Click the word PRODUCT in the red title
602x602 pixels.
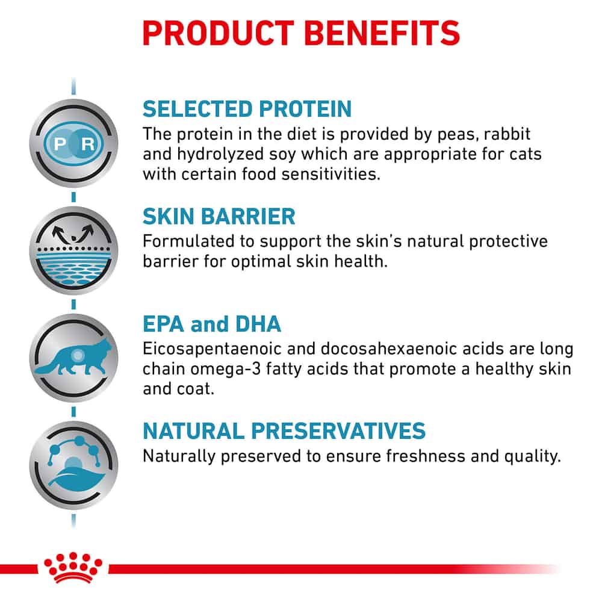click(218, 33)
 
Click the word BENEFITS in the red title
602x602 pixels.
click(382, 33)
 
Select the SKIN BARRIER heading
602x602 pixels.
click(219, 216)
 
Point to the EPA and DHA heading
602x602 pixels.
click(211, 324)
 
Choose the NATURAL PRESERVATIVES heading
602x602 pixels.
click(284, 431)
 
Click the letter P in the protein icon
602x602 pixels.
click(60, 144)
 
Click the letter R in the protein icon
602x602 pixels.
click(88, 144)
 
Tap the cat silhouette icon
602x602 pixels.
click(73, 357)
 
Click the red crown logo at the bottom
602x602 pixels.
click(73, 568)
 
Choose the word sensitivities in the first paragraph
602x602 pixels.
click(330, 175)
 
